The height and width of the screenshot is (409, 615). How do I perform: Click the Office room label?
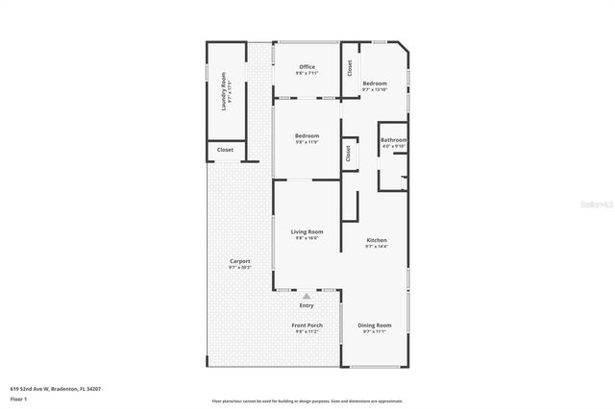click(x=307, y=67)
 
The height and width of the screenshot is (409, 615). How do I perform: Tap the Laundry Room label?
click(x=224, y=91)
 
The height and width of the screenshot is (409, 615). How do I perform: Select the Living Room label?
click(x=307, y=231)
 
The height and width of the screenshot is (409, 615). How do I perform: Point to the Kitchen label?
click(x=376, y=240)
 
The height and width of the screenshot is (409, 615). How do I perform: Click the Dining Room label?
click(x=375, y=325)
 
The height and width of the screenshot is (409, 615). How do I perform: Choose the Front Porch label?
click(x=307, y=325)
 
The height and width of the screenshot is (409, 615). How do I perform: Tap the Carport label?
click(x=239, y=261)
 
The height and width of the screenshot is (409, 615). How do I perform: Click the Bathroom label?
click(x=394, y=140)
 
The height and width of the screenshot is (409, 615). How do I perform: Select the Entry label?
click(x=307, y=305)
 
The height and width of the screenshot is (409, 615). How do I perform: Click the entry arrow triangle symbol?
click(x=307, y=296)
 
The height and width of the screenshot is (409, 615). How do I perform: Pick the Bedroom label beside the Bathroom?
click(x=375, y=84)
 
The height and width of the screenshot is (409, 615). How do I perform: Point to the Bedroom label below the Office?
click(x=307, y=135)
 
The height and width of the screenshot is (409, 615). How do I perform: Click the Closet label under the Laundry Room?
click(x=226, y=150)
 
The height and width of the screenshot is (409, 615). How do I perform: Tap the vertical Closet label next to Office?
click(x=350, y=68)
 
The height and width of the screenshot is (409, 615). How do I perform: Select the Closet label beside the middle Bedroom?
click(x=348, y=153)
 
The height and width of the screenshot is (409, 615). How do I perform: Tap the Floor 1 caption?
click(x=18, y=397)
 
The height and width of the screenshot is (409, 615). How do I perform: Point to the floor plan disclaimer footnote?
click(x=307, y=401)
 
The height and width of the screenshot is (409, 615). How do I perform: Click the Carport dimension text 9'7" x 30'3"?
click(x=239, y=267)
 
